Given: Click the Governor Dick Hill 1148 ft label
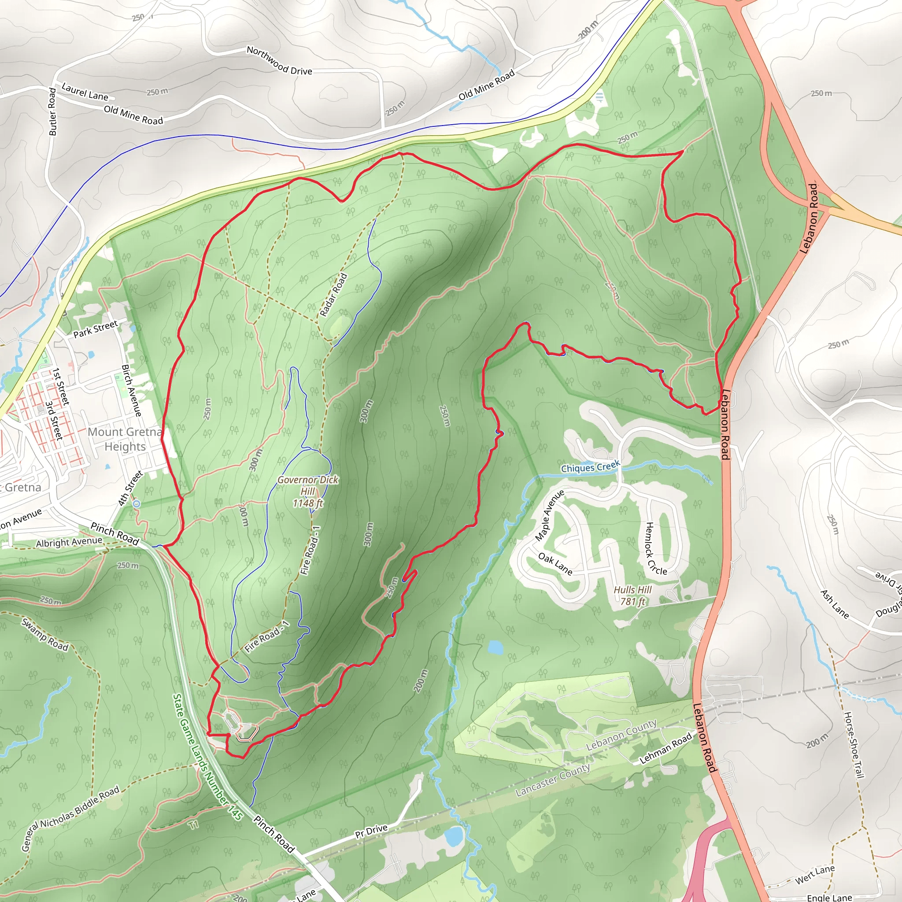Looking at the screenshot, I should (x=308, y=491).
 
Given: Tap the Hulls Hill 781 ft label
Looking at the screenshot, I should (x=632, y=595).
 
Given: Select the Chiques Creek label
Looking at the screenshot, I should (x=590, y=466).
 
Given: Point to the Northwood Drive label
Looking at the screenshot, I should (x=279, y=60).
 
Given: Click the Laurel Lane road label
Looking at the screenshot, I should (x=85, y=92).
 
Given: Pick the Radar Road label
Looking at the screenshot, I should (x=333, y=295).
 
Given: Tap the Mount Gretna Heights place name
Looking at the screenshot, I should (x=125, y=439).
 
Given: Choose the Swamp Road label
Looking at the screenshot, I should (x=45, y=635).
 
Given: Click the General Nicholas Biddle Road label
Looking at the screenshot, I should (x=70, y=818).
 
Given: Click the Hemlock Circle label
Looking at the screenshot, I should (x=655, y=548).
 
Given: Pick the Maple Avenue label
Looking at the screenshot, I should (x=550, y=515).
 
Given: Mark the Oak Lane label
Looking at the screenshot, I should (x=555, y=563).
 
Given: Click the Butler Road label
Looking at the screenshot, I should (x=52, y=112).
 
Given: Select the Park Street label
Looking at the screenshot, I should (x=96, y=329).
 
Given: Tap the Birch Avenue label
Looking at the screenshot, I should (x=131, y=390).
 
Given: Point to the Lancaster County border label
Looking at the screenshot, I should (x=552, y=780).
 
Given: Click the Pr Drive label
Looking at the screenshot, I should (x=371, y=832).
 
